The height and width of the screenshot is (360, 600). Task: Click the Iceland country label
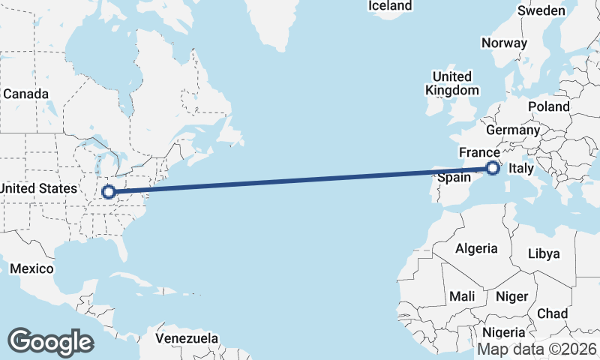(390, 6)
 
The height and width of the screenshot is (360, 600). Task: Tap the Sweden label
(541, 10)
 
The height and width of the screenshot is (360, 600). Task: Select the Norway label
(505, 43)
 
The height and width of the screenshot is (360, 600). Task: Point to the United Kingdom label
(452, 83)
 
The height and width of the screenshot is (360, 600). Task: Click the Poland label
(549, 106)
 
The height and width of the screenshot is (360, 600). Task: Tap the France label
(479, 152)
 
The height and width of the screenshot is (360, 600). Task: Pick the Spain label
(454, 178)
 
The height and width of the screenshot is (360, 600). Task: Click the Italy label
(521, 170)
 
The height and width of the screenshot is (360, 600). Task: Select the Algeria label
(476, 248)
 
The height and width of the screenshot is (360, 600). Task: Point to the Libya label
(544, 253)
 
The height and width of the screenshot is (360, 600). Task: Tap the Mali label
(462, 296)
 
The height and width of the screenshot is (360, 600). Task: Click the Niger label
(512, 296)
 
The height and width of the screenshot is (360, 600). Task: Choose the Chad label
(552, 313)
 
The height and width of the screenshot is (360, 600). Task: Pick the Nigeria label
(503, 332)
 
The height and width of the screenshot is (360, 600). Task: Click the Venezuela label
(187, 338)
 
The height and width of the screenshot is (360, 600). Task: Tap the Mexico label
(32, 268)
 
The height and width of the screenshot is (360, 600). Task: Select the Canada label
(25, 94)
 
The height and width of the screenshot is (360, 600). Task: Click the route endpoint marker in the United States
(109, 191)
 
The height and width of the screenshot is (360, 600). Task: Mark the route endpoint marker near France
(493, 168)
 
